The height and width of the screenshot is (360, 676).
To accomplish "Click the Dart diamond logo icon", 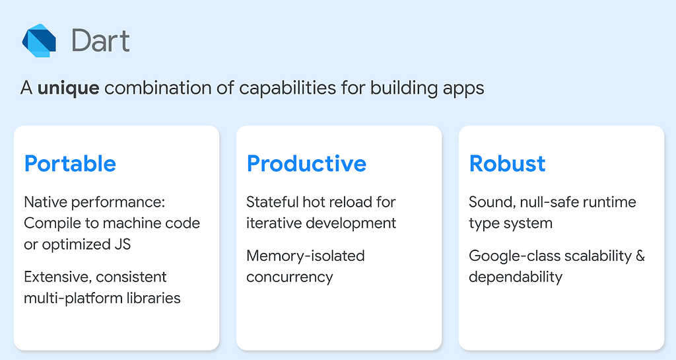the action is click(x=39, y=40).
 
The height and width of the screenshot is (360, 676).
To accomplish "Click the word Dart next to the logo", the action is click(x=100, y=41).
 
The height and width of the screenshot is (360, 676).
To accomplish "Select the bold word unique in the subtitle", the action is click(x=68, y=88).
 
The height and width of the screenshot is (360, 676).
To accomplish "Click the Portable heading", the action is click(x=70, y=164).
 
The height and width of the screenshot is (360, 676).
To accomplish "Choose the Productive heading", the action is click(x=306, y=164).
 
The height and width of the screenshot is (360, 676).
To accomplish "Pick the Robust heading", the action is click(x=507, y=164).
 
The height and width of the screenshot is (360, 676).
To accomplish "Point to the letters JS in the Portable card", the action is click(x=122, y=244).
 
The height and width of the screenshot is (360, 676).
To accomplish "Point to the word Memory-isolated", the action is click(x=306, y=256).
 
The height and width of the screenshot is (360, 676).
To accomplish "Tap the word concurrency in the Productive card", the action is click(x=290, y=277).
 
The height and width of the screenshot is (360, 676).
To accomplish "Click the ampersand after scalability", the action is click(x=640, y=256).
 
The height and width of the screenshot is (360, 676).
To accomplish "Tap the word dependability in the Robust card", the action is click(x=516, y=277).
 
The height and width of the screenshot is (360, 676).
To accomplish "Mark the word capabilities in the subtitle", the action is click(x=288, y=89).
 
